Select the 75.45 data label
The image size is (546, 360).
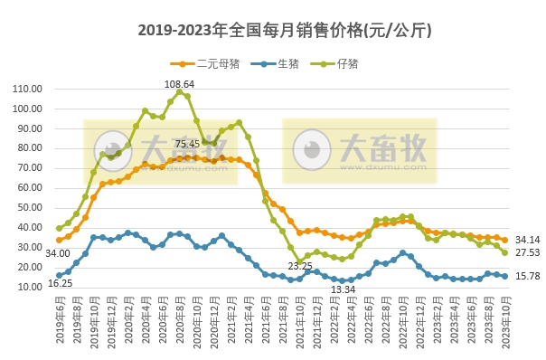188,143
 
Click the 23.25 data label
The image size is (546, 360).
300,266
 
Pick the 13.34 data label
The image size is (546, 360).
344,289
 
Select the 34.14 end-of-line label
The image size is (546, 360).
526,239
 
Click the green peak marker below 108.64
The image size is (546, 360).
180,92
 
